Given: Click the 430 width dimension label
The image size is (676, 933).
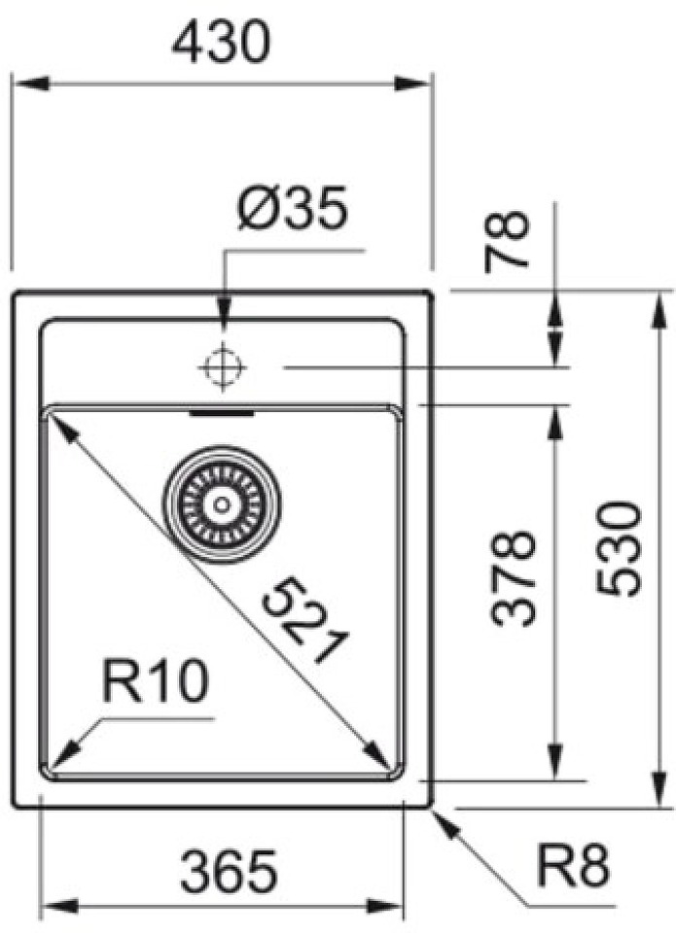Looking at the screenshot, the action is tap(221, 41).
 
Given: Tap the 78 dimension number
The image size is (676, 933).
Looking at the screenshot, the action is tap(507, 242).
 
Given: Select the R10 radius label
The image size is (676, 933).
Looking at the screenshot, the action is tap(156, 682).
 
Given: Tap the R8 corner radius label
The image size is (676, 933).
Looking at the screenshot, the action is tap(573, 865).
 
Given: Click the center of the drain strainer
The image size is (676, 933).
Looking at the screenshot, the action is tap(222, 505).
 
